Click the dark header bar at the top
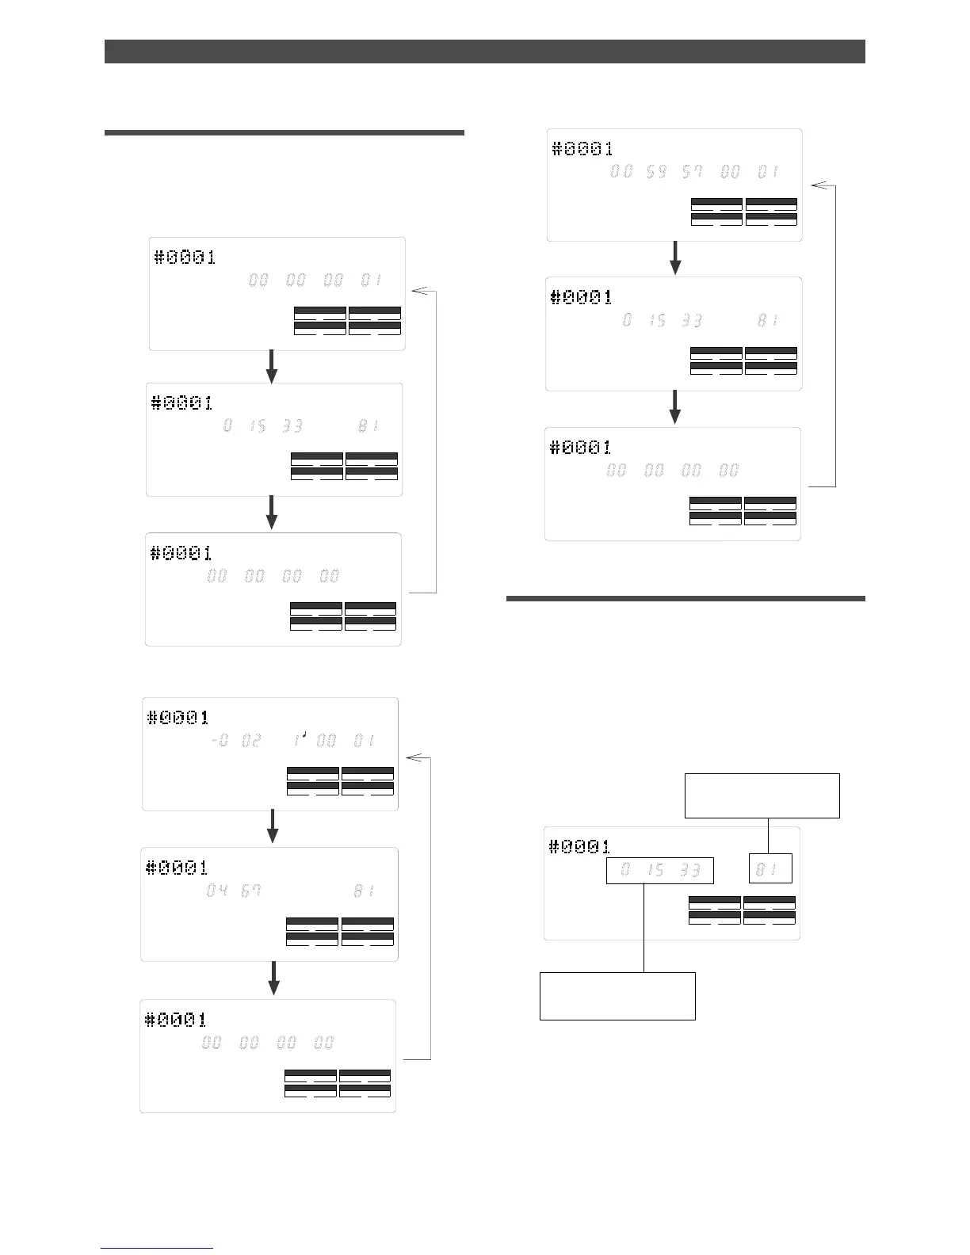pyautogui.click(x=484, y=51)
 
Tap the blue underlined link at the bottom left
pyautogui.click(x=157, y=1249)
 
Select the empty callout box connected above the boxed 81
pyautogui.click(x=762, y=795)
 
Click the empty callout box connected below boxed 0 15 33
pyautogui.click(x=617, y=996)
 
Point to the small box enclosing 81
pyautogui.click(x=770, y=869)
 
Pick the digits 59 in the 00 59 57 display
pyautogui.click(x=656, y=171)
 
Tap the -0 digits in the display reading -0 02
pyautogui.click(x=220, y=741)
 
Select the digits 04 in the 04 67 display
pyautogui.click(x=217, y=891)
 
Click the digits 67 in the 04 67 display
pyautogui.click(x=251, y=891)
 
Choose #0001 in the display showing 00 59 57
pyautogui.click(x=582, y=148)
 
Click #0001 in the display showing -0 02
pyautogui.click(x=178, y=718)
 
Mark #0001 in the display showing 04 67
pyautogui.click(x=177, y=868)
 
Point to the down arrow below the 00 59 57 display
pyautogui.click(x=675, y=258)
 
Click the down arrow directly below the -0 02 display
pyautogui.click(x=273, y=827)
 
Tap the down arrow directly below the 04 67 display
pyautogui.click(x=274, y=978)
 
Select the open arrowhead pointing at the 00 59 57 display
pyautogui.click(x=821, y=185)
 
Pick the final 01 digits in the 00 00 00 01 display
pyautogui.click(x=371, y=280)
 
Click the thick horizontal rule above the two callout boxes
pyautogui.click(x=685, y=599)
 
